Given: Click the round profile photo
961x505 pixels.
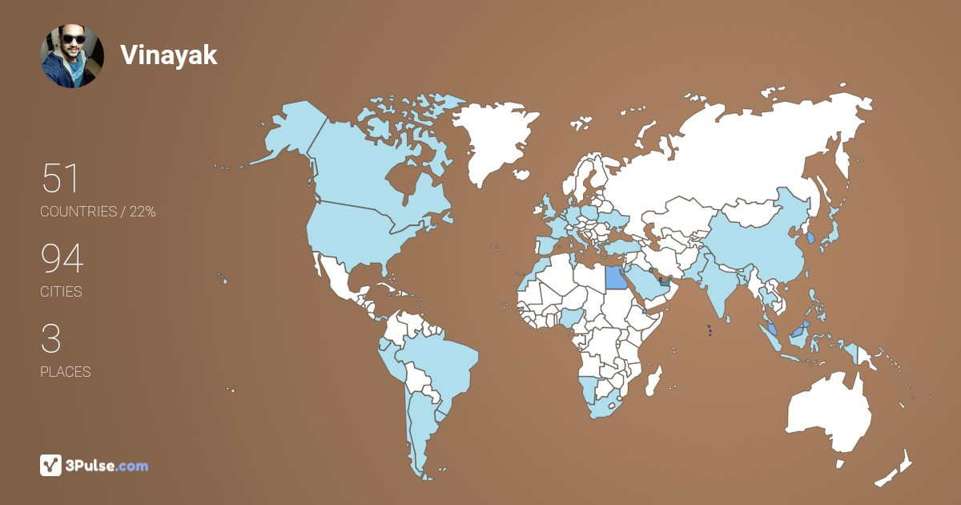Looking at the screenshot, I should coord(72,56).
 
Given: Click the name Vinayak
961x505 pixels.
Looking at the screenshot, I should coord(168,55).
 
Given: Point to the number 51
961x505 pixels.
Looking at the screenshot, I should coord(61,178).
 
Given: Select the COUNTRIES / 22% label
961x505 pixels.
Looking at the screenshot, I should coord(98,212).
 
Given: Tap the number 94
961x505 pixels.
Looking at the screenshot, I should coord(62,259).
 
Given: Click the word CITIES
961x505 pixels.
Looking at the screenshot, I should coord(61,292).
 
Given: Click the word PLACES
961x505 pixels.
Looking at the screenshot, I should coord(65,372).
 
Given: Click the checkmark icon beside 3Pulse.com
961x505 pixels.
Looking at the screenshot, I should coord(50,465).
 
